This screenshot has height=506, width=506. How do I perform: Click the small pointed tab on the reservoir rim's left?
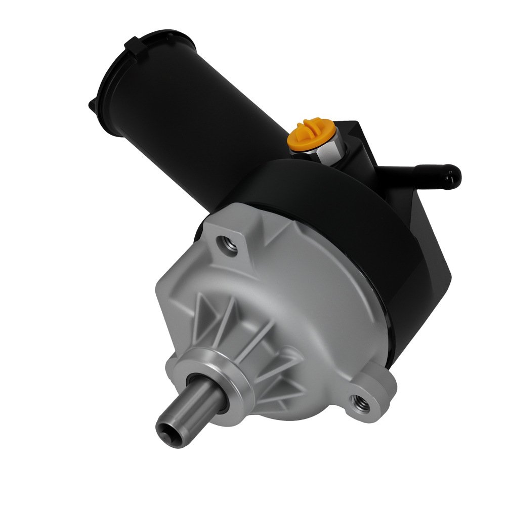tap(92, 104)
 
